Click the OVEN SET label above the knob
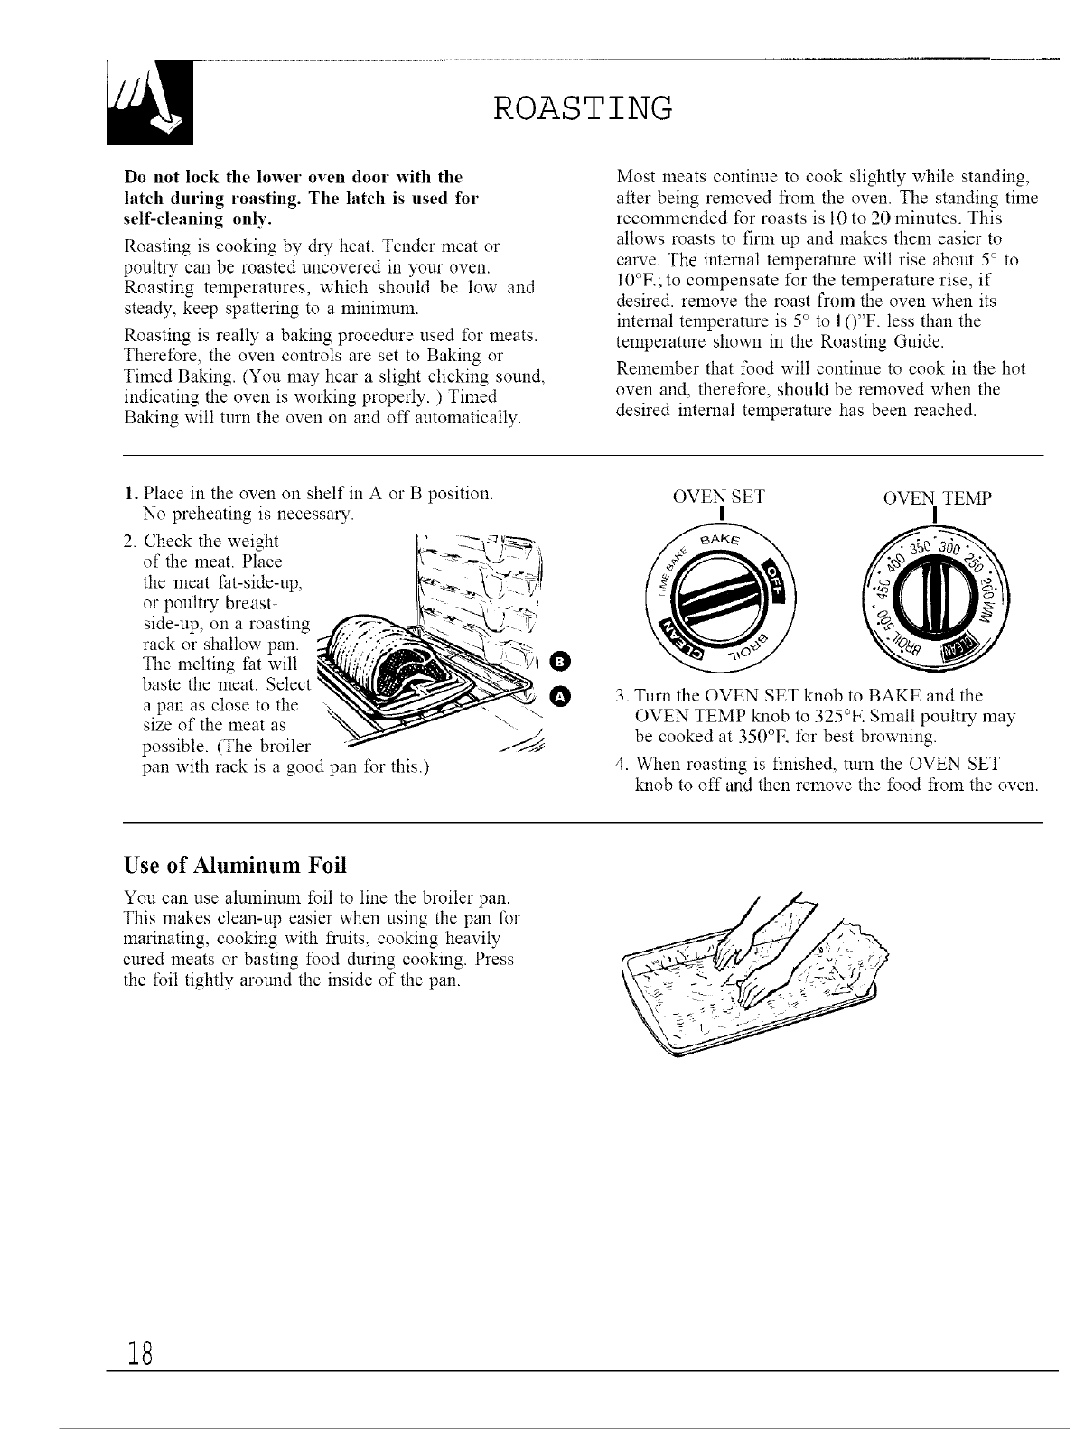click(719, 497)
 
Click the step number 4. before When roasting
click(621, 766)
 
